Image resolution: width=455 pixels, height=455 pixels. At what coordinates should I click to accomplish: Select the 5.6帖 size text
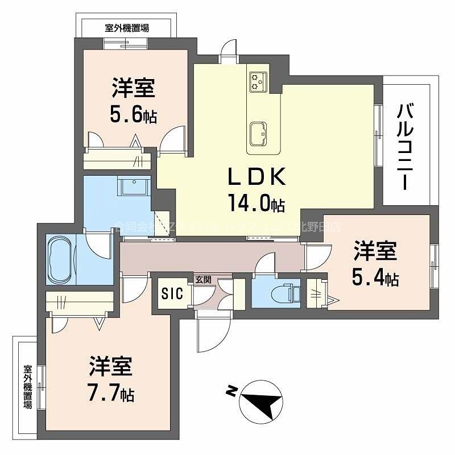coord(134,115)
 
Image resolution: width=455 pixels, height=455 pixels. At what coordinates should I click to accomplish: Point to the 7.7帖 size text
coord(111,393)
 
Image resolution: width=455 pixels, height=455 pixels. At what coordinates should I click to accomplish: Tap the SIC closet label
coord(172,293)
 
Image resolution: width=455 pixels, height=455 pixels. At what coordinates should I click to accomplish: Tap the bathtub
coord(60,260)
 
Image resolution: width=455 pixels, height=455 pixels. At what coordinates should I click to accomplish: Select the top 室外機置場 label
coord(127,27)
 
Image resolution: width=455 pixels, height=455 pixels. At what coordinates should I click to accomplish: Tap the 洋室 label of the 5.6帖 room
coord(134,89)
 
